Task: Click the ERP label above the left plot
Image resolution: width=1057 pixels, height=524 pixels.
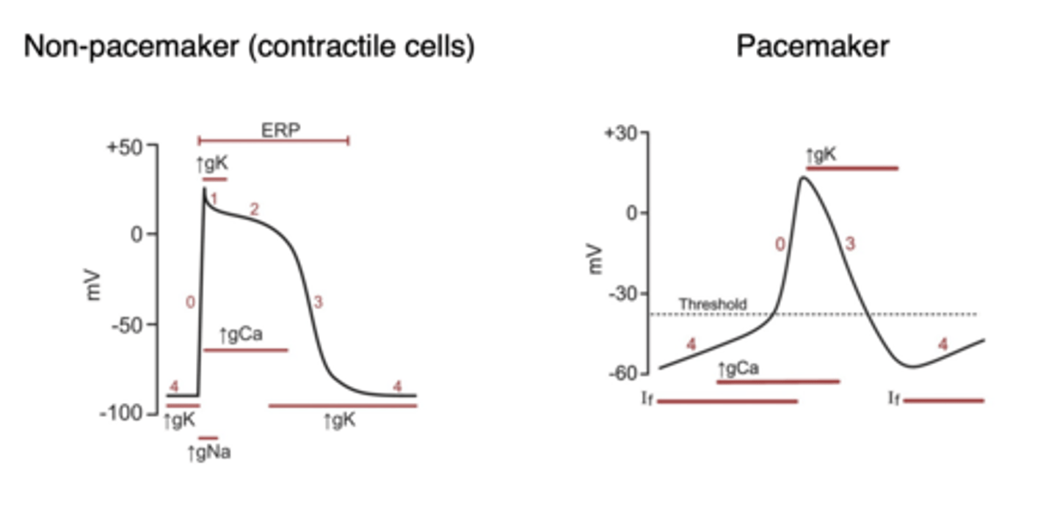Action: [x=281, y=130]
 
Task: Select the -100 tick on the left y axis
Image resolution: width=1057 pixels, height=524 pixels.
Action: [x=124, y=414]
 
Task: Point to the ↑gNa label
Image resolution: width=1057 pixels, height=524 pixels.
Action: [x=209, y=453]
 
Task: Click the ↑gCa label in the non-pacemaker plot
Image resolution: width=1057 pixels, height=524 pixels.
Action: [x=241, y=335]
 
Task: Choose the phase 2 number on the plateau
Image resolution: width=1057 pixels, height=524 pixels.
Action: [x=254, y=209]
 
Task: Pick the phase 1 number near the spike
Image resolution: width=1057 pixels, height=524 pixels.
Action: [x=214, y=199]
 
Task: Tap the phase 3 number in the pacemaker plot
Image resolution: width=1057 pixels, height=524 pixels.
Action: [x=849, y=244]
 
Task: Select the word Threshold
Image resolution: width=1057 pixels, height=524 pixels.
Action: [x=713, y=304]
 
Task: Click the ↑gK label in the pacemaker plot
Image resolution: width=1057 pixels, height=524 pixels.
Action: [x=821, y=156]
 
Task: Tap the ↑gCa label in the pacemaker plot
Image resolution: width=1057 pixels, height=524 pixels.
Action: [x=738, y=368]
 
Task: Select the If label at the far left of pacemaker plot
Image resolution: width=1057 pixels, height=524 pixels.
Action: [x=647, y=400]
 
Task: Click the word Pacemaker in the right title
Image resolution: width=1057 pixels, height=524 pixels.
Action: [x=813, y=46]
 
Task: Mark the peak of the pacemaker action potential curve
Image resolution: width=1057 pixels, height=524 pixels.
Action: [x=804, y=177]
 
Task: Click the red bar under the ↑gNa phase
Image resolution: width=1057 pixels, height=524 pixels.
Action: [x=208, y=438]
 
